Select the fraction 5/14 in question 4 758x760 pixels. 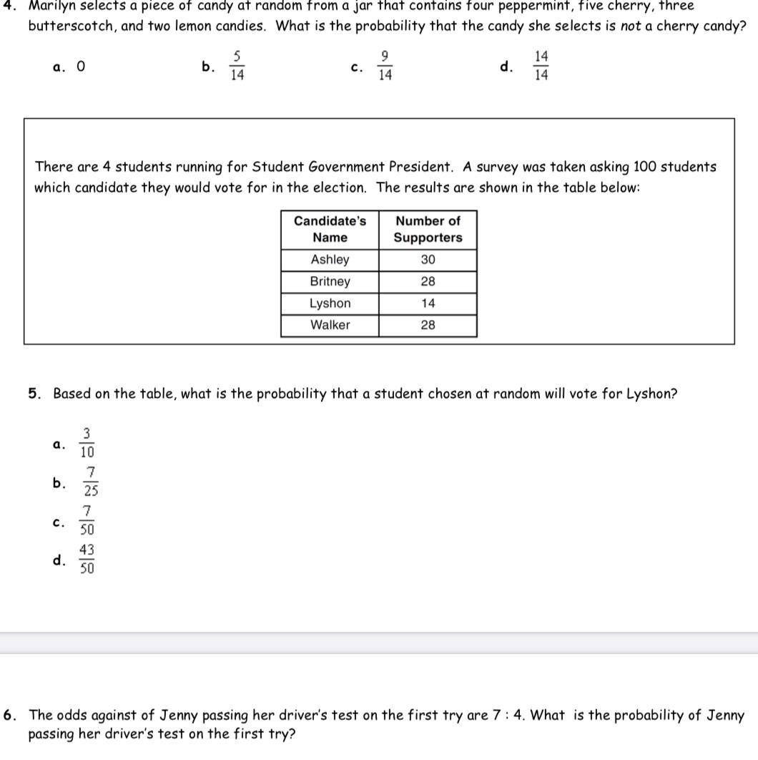coord(237,67)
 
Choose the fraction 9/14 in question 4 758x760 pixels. coord(385,67)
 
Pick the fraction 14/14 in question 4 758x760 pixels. coord(541,67)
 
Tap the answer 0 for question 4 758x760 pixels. coord(81,67)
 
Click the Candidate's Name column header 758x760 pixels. coord(330,229)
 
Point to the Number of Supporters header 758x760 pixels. coord(428,229)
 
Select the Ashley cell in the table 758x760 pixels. coord(330,260)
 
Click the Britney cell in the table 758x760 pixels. coord(330,281)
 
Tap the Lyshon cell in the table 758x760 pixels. coord(330,303)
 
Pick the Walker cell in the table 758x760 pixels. coord(330,325)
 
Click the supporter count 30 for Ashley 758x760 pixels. coord(428,260)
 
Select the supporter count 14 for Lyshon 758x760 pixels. coord(428,303)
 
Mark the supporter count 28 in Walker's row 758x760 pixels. coord(428,325)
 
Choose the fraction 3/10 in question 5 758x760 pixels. coord(87,444)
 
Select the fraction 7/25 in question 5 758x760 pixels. coord(91,482)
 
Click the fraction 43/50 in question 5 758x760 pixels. coord(87,560)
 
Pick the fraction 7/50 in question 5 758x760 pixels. coord(87,521)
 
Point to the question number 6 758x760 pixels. coord(10,715)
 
